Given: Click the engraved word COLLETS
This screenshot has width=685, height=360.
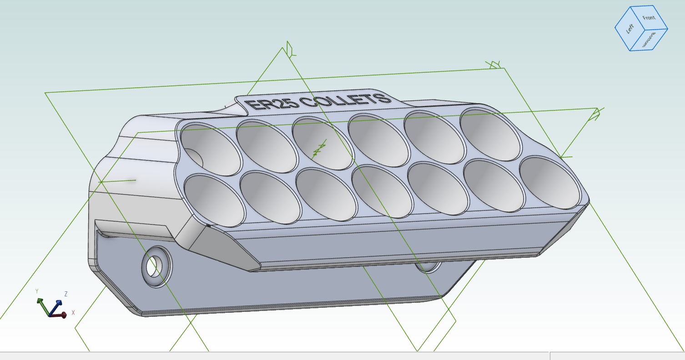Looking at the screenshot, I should pyautogui.click(x=346, y=100).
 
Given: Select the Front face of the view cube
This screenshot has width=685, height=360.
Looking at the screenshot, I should pyautogui.click(x=649, y=18).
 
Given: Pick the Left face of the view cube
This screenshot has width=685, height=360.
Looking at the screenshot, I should pyautogui.click(x=630, y=29).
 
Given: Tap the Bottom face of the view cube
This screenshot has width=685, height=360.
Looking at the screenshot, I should pyautogui.click(x=649, y=40).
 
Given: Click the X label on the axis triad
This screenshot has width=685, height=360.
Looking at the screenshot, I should pyautogui.click(x=73, y=313).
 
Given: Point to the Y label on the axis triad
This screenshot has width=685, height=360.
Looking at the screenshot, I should pyautogui.click(x=37, y=291).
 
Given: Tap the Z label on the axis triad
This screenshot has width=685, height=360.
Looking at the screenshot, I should pyautogui.click(x=66, y=294).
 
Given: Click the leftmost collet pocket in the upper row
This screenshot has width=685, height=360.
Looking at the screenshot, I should pyautogui.click(x=211, y=150).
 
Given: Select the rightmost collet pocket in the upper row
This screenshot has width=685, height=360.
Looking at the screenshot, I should pyautogui.click(x=490, y=135).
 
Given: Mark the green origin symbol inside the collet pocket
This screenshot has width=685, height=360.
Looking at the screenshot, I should pyautogui.click(x=320, y=150).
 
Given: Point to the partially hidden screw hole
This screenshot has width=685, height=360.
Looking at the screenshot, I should pyautogui.click(x=428, y=268).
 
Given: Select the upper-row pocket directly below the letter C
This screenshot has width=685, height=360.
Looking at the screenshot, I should pyautogui.click(x=322, y=144).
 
